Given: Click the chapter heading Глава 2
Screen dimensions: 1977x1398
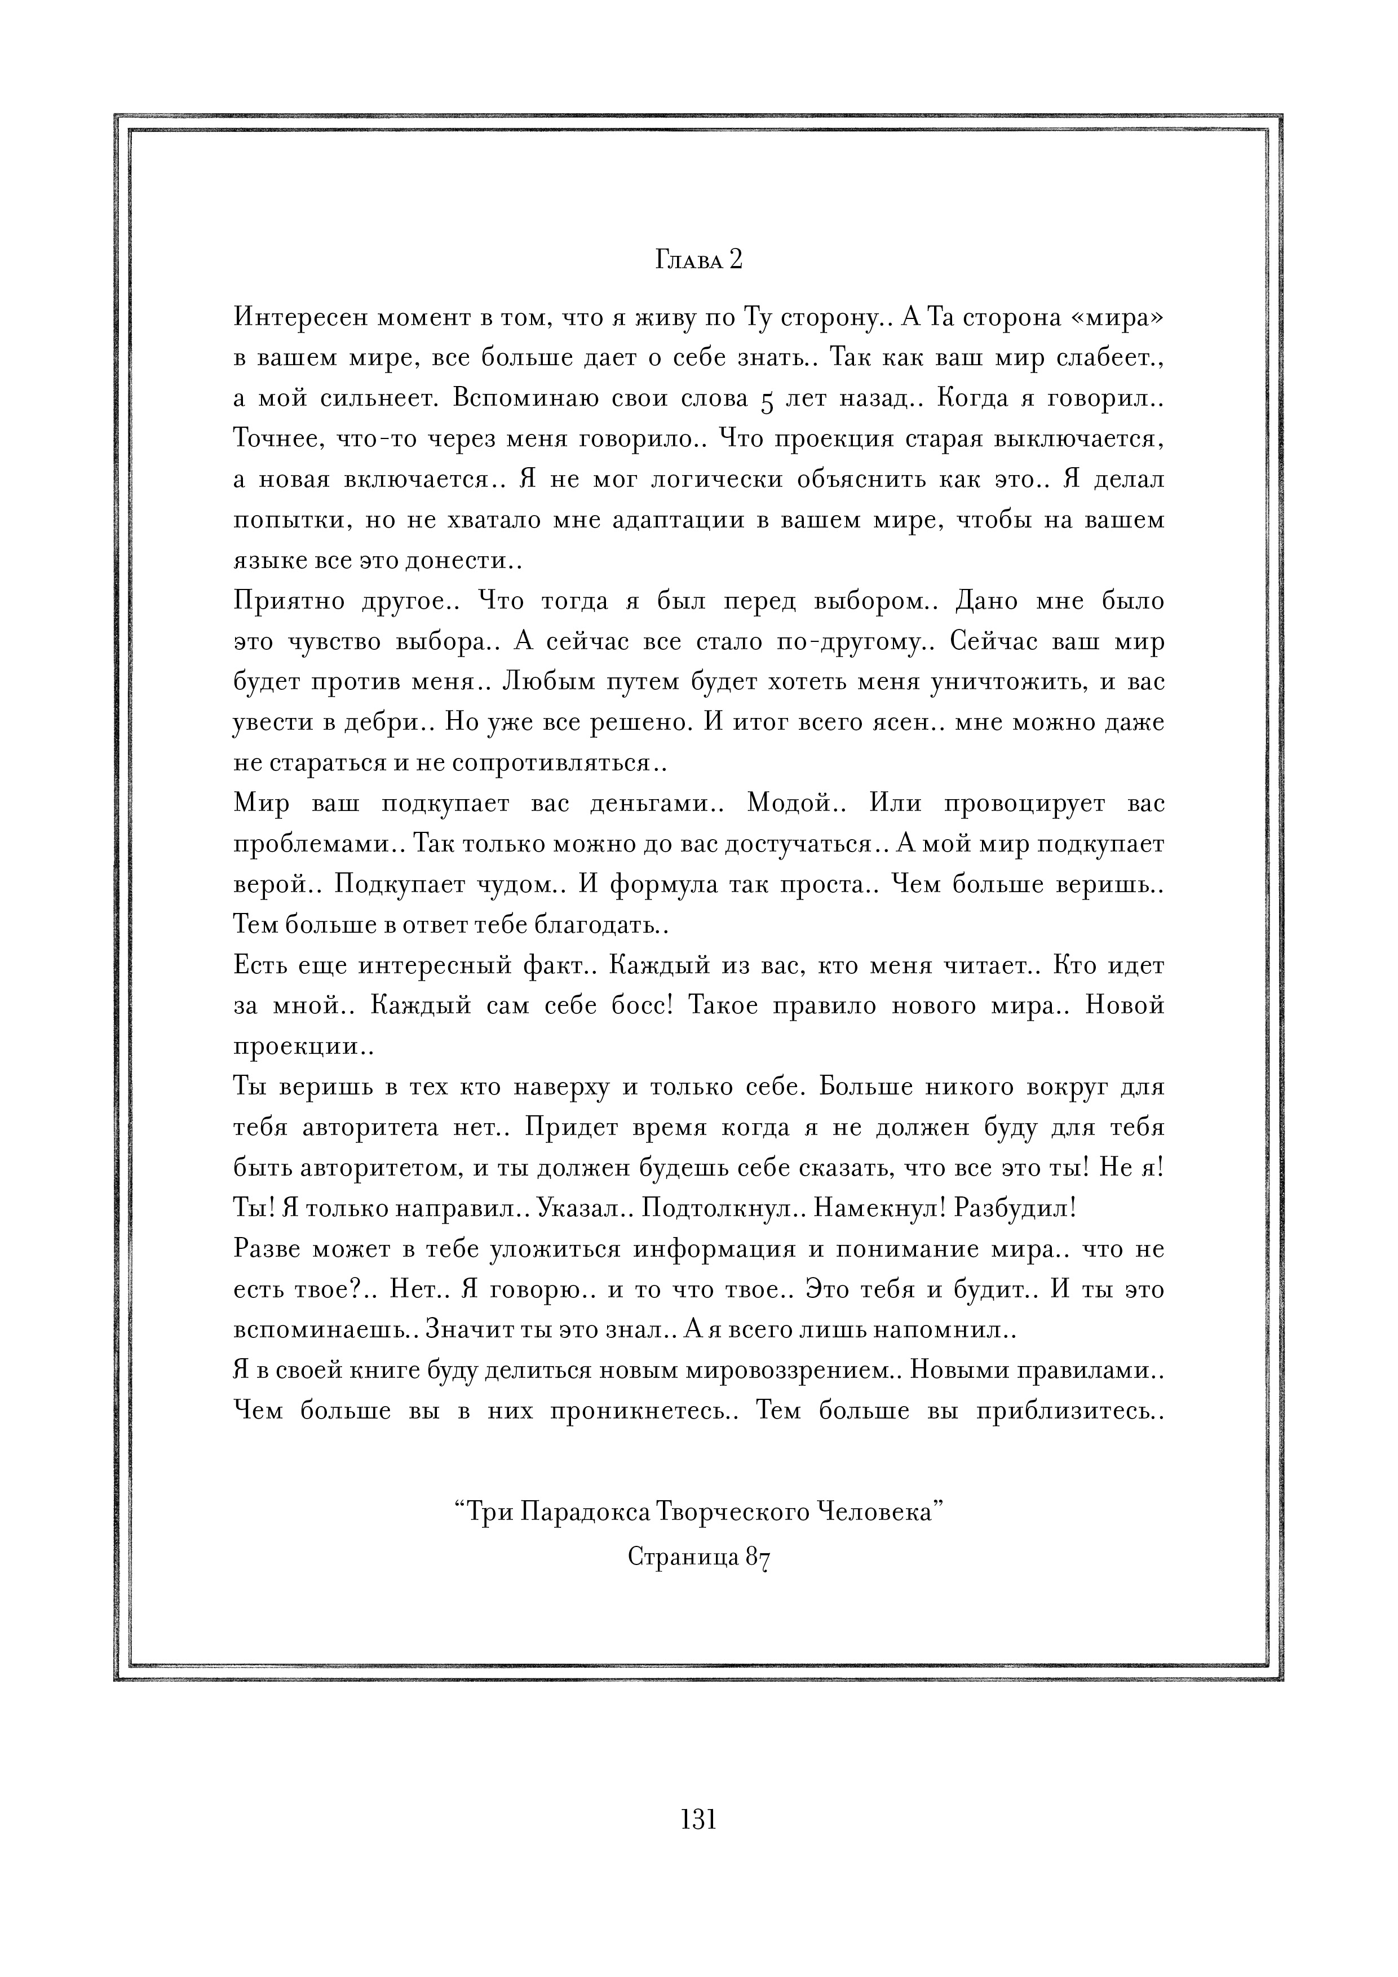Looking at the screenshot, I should click(x=698, y=260).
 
